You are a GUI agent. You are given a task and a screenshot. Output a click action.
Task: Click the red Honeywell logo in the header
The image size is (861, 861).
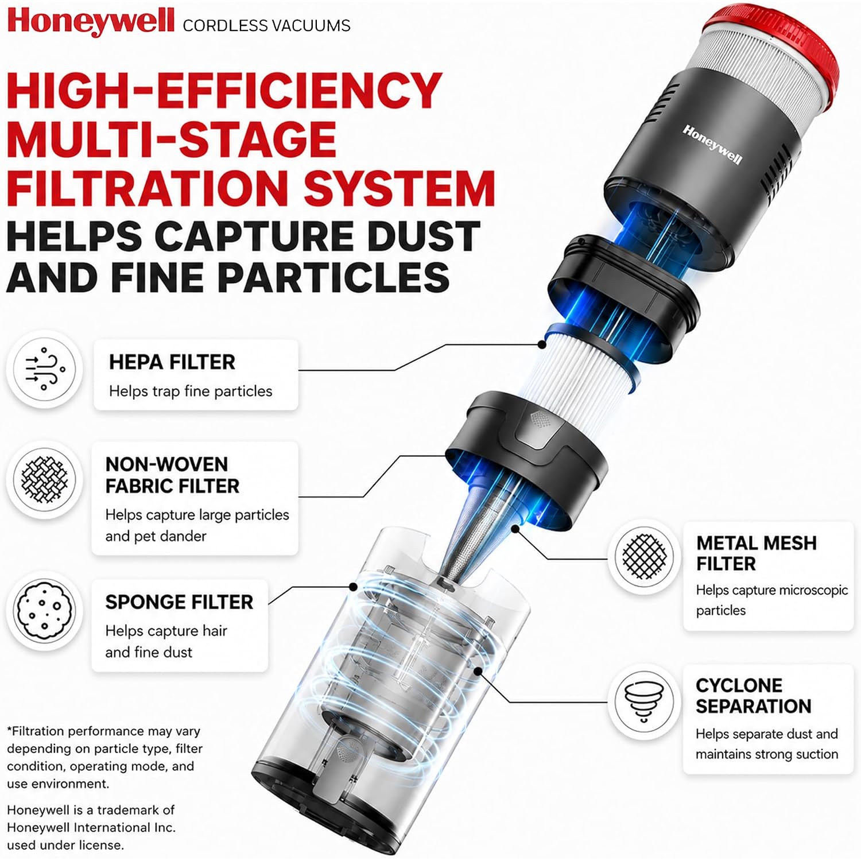click(x=91, y=22)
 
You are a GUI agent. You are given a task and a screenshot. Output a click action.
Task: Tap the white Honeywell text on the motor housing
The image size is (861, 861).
click(x=712, y=145)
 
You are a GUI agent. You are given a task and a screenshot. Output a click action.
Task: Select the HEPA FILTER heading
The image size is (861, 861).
click(x=172, y=362)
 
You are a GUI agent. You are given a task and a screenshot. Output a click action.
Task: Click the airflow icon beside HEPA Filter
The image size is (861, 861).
click(x=45, y=369)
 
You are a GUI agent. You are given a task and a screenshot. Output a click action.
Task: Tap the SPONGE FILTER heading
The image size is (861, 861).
click(x=179, y=602)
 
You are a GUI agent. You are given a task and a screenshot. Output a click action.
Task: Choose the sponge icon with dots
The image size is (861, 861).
click(x=45, y=610)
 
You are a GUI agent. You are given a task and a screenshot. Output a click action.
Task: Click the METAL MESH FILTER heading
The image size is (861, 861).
click(x=757, y=553)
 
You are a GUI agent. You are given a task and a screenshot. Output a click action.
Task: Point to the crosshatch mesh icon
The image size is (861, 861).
click(x=644, y=556)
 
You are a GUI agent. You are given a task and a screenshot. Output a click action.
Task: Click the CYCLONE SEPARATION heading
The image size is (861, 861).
click(x=753, y=696)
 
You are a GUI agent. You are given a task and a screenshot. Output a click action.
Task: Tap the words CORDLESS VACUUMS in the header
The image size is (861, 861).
click(x=266, y=26)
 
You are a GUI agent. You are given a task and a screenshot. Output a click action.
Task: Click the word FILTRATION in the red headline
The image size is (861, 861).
click(x=149, y=188)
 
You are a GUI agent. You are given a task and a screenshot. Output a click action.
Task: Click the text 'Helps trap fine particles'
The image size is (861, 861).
click(x=191, y=391)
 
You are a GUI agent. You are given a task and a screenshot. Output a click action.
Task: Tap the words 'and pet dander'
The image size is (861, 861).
click(x=156, y=536)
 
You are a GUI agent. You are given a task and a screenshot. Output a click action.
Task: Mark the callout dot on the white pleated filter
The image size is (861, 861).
click(x=541, y=344)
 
